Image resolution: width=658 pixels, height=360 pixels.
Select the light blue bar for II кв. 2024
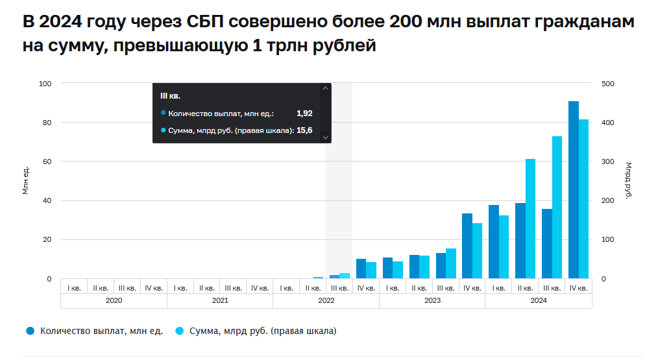click(530, 219)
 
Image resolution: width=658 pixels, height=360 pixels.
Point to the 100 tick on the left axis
click(45, 84)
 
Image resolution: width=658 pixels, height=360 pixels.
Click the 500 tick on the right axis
click(608, 84)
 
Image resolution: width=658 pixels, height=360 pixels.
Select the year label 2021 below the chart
click(220, 300)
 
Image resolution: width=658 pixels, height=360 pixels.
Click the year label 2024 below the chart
click(538, 300)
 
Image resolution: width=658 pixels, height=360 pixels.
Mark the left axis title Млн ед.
click(26, 181)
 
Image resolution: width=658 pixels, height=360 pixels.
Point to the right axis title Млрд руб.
click(628, 181)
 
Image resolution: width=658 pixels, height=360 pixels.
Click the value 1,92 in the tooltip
click(304, 113)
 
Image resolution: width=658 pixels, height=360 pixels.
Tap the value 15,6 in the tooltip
click(304, 130)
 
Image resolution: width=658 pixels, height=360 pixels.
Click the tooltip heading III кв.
click(170, 96)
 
